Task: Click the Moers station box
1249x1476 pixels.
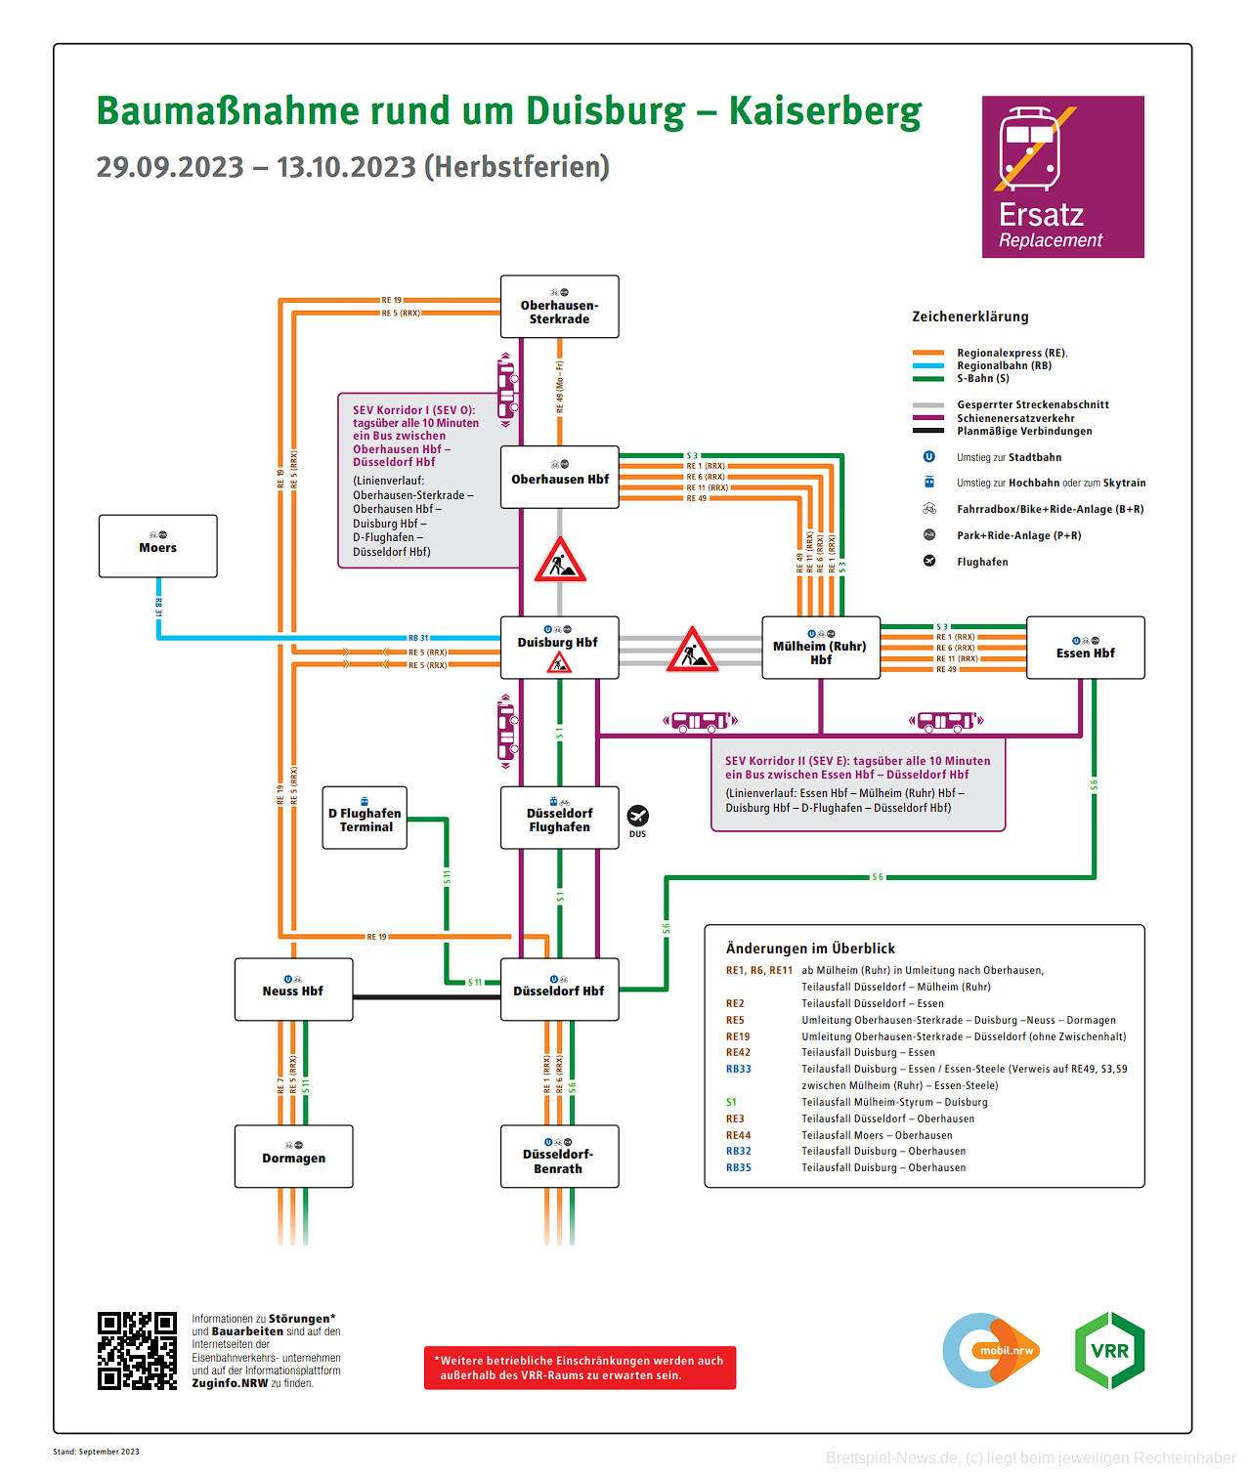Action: coord(157,546)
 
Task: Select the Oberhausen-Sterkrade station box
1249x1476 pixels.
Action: coord(559,307)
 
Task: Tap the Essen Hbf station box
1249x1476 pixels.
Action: coord(1085,648)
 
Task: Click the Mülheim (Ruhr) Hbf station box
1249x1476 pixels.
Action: coord(820,648)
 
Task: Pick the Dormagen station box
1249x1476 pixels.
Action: coord(293,1157)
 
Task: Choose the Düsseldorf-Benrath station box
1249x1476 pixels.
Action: coord(559,1157)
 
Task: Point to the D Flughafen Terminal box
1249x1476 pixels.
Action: coord(366,819)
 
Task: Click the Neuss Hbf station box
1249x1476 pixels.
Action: coord(293,990)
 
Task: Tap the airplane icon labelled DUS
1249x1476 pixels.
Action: coord(637,816)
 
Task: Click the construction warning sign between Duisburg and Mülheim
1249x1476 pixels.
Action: coord(692,651)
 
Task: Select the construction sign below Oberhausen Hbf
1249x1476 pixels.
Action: coord(559,561)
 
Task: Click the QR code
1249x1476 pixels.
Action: coord(137,1350)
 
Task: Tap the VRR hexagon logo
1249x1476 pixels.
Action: coord(1109,1350)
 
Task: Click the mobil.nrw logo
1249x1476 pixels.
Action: coord(991,1350)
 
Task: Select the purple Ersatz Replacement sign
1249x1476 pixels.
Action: coord(1062,177)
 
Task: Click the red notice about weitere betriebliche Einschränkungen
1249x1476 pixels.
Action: coord(580,1368)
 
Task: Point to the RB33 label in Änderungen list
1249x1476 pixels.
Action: coord(738,1069)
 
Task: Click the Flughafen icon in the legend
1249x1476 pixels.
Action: coord(929,561)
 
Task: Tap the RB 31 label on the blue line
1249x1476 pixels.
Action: coord(418,638)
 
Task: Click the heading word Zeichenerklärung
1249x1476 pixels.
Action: coord(969,316)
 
